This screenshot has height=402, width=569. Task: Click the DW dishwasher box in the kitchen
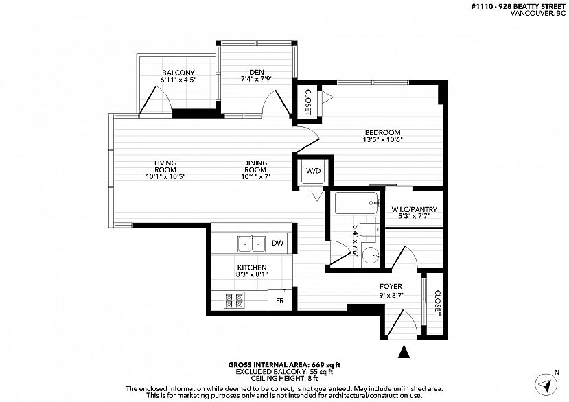(277, 243)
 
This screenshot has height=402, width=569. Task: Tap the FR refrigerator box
(280, 300)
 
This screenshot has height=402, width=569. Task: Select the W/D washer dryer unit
(313, 171)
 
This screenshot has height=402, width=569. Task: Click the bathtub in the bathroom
(357, 203)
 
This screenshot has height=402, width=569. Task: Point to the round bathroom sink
(371, 257)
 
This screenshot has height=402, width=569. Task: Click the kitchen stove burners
(234, 300)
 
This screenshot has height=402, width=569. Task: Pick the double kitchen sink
(251, 244)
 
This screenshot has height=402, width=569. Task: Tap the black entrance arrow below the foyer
(404, 351)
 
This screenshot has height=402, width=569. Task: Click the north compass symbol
(546, 384)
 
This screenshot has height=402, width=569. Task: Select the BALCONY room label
(178, 73)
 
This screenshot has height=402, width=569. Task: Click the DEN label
(257, 72)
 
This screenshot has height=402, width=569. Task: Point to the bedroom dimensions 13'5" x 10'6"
(383, 139)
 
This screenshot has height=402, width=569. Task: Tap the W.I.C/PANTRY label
(414, 209)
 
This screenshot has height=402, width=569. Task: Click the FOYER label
(391, 287)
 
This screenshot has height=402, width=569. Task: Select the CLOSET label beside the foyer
(437, 303)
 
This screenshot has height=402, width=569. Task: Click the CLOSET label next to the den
(308, 102)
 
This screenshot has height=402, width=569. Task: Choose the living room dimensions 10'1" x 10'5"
(165, 177)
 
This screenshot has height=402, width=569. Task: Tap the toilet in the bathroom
(368, 230)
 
